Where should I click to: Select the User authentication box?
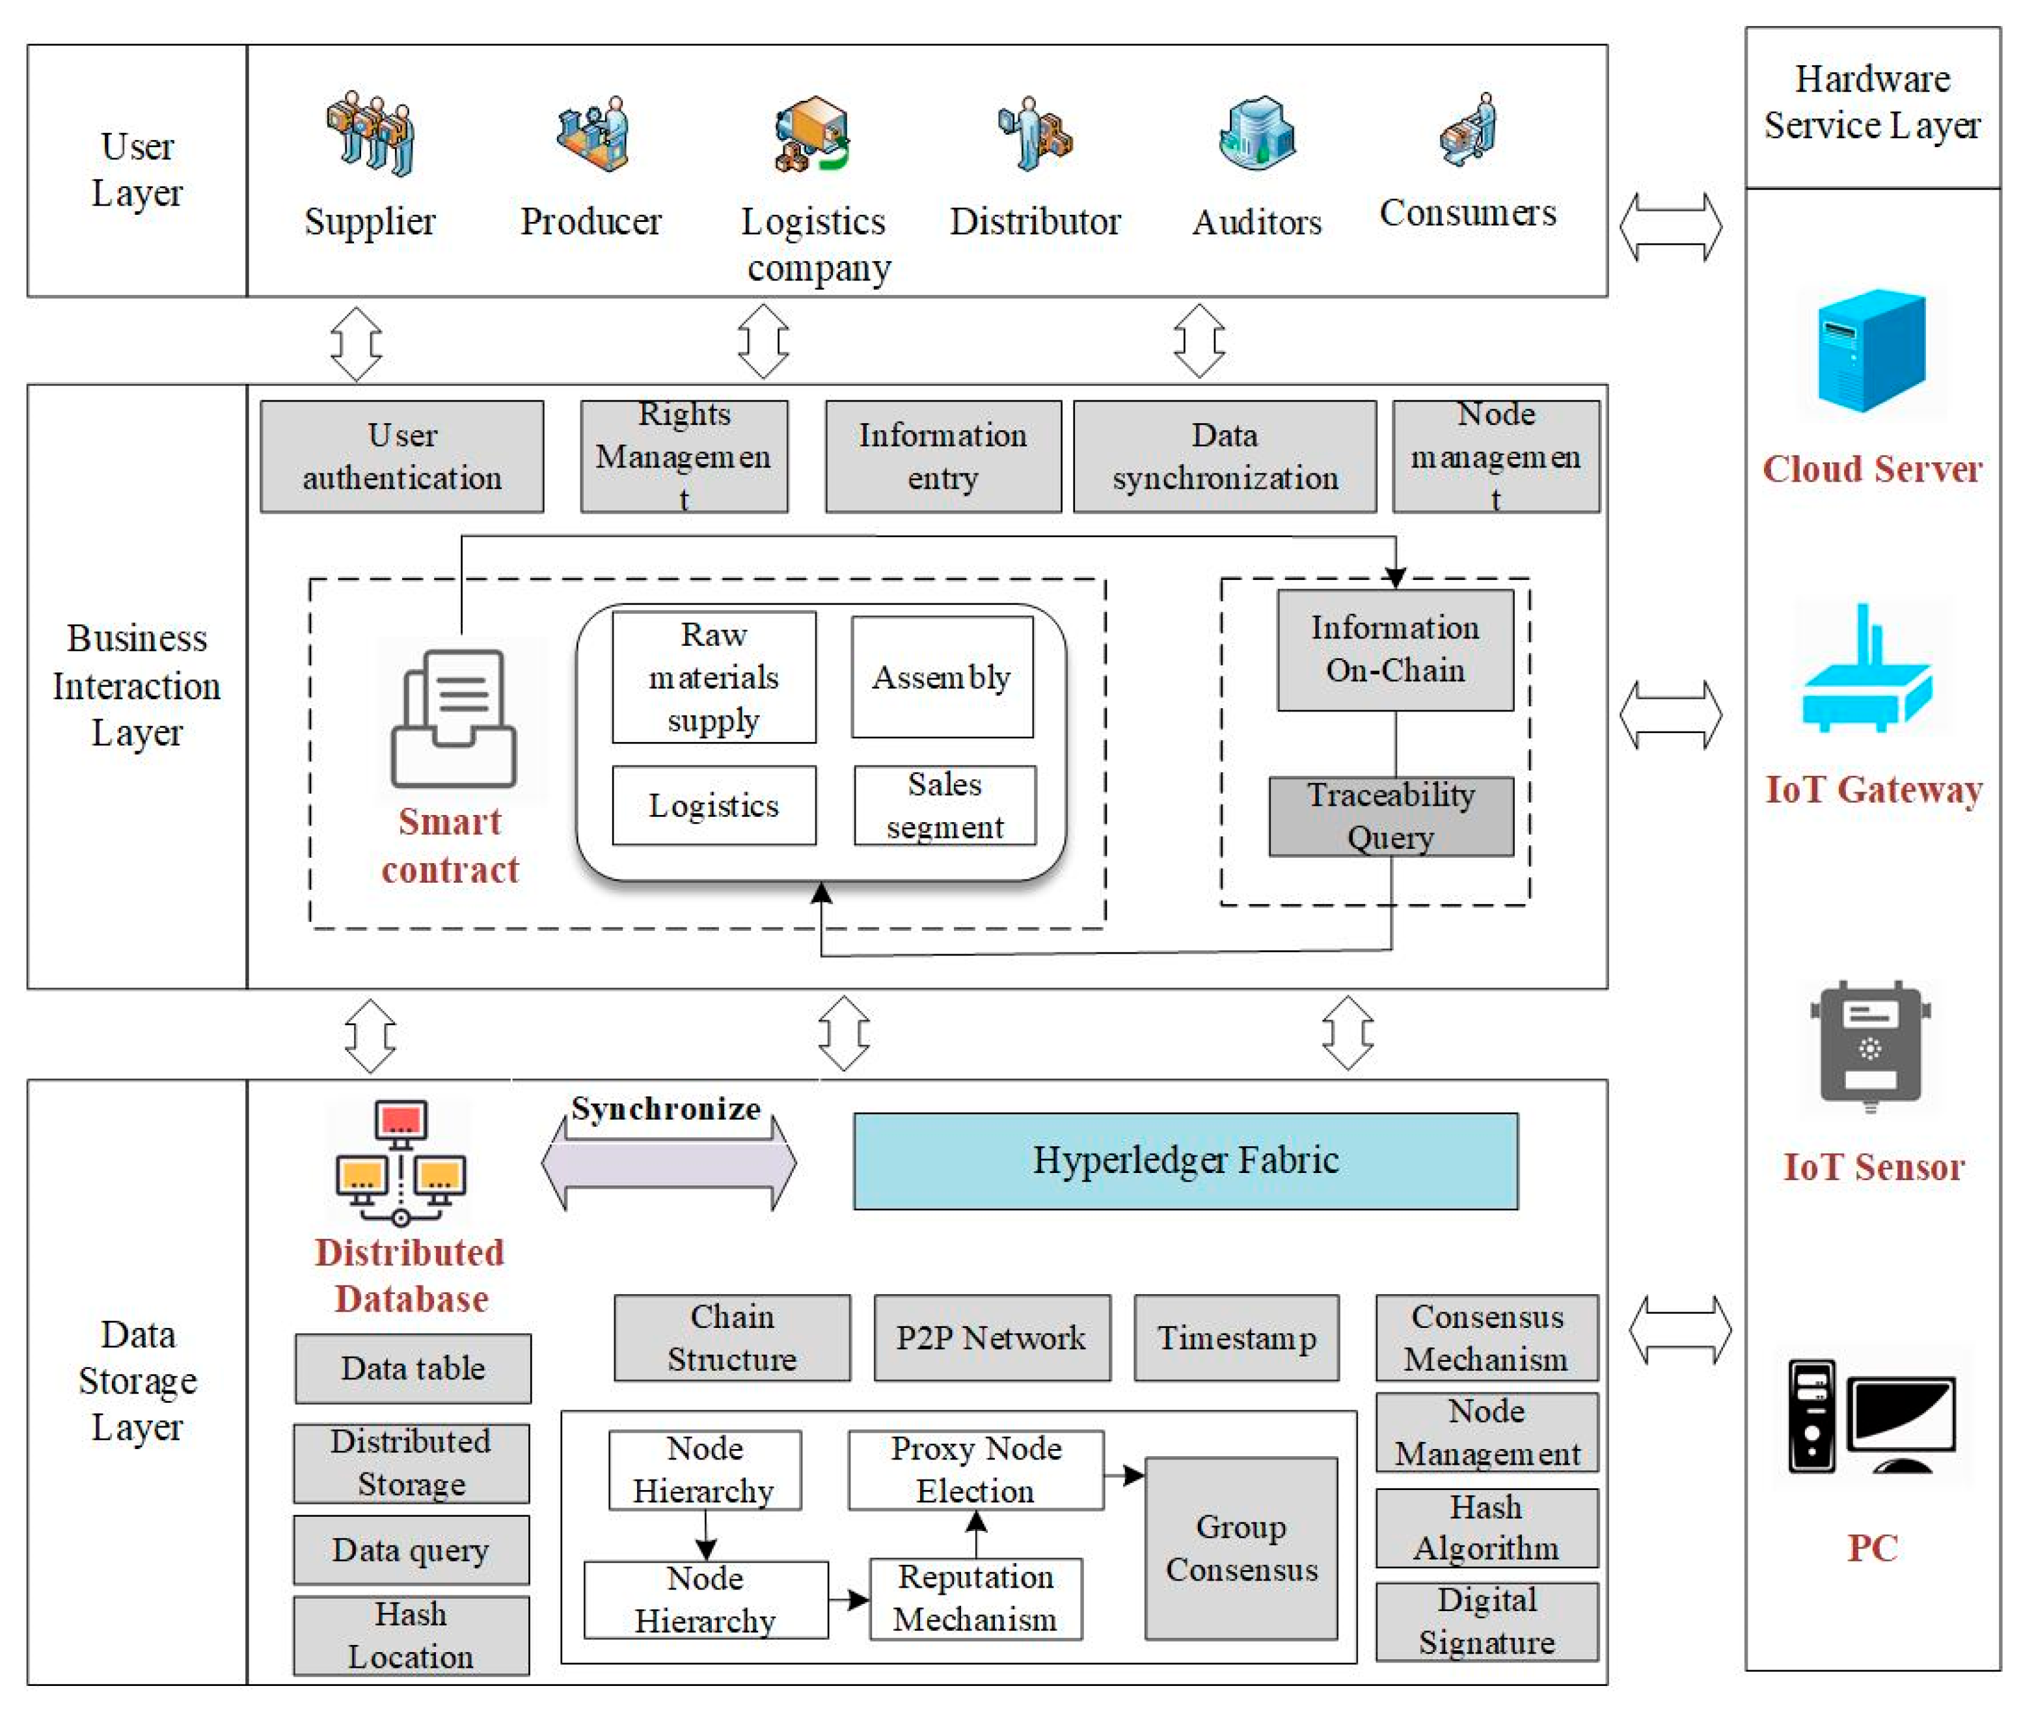point(401,456)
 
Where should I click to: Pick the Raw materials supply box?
point(713,678)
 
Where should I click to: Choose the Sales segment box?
point(944,805)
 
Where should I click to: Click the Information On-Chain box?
point(1394,649)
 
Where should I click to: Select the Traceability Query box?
point(1390,816)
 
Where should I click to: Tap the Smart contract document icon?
point(453,718)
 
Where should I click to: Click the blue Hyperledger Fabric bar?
point(1185,1161)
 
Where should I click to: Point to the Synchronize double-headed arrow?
point(668,1162)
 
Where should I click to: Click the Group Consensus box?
point(1240,1548)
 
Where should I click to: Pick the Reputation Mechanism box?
point(975,1599)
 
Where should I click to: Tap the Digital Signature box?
point(1486,1621)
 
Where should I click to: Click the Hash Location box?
point(411,1635)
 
